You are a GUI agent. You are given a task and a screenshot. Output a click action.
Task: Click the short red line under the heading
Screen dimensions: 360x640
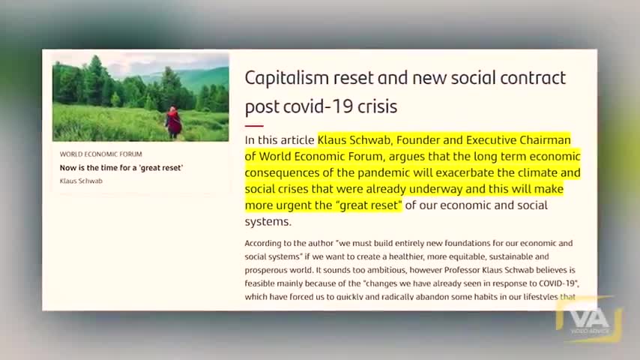(x=254, y=125)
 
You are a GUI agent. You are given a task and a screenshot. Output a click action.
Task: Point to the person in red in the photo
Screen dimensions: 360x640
(x=174, y=121)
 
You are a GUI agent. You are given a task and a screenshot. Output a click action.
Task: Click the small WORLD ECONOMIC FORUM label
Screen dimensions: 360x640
(x=100, y=154)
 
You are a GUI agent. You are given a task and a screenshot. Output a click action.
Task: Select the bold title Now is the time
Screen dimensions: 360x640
(x=121, y=168)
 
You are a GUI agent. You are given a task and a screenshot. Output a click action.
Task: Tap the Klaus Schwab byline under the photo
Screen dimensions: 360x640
(x=81, y=181)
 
